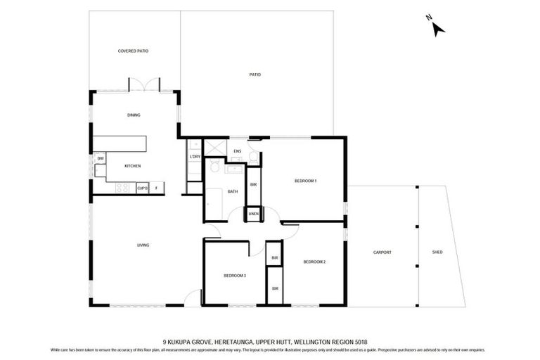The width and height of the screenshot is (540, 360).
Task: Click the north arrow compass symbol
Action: point(437,27)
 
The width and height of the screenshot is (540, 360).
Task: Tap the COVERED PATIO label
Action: point(133,51)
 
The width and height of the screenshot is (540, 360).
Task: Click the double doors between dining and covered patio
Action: point(144,86)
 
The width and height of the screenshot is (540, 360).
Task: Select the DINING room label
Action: point(133,115)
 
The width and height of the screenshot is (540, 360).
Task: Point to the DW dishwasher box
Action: point(101,158)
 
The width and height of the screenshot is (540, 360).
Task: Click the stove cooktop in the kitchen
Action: point(123,188)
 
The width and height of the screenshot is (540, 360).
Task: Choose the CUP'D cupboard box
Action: point(142,188)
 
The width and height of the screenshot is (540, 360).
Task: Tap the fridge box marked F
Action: point(157,188)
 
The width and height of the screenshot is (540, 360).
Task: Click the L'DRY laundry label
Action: point(195,156)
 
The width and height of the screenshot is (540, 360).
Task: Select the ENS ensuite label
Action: point(238,151)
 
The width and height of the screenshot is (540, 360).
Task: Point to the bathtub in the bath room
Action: point(215,202)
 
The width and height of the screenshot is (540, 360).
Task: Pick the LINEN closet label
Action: point(252,214)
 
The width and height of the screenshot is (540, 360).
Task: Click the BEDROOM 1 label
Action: point(305,181)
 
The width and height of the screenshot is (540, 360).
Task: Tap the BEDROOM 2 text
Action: point(314,262)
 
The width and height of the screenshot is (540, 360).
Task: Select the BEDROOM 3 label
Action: point(235,275)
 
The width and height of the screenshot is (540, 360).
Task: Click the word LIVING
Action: point(143,245)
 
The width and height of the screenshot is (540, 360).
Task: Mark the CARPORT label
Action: point(382,252)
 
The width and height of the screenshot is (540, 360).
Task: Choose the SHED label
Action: point(437,252)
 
